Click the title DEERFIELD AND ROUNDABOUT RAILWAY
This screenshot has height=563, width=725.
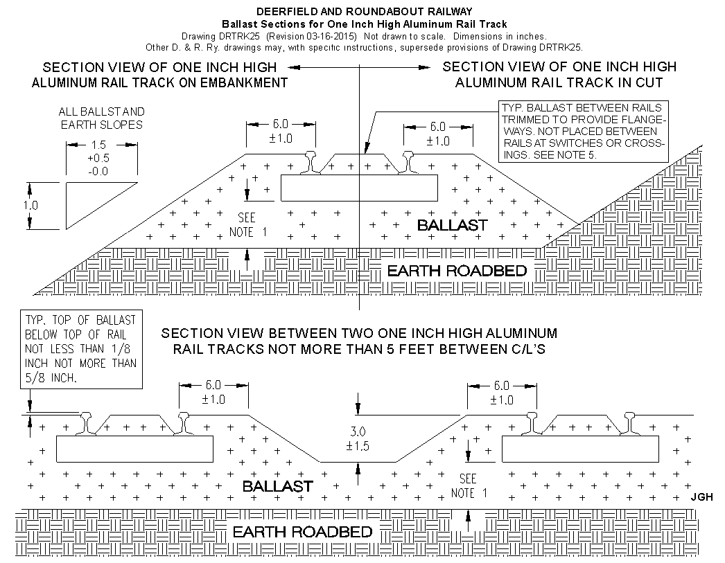(365, 12)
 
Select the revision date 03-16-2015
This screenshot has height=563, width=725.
(330, 37)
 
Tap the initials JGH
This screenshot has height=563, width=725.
(701, 497)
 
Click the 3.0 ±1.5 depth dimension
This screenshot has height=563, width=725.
(358, 439)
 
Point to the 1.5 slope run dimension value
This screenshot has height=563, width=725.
(98, 145)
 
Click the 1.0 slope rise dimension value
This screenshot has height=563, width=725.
(30, 205)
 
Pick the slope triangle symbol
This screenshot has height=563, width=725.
(102, 206)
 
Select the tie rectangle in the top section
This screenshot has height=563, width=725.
(359, 188)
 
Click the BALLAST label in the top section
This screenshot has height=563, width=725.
(452, 225)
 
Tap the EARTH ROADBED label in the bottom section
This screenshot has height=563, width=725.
(302, 532)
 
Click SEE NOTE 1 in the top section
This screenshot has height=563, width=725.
(248, 224)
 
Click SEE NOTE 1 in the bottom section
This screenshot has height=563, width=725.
(469, 486)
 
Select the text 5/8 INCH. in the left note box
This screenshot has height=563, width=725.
(51, 378)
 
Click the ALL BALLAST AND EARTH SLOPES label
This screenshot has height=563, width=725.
(102, 118)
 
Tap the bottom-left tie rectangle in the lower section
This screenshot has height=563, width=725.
(134, 449)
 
